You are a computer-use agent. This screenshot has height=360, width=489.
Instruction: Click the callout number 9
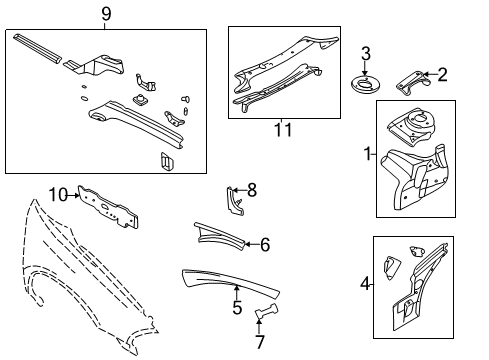coord(105,13)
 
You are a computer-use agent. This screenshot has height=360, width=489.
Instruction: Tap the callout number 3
coord(366,53)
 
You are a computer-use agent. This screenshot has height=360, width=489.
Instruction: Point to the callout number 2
coord(443,73)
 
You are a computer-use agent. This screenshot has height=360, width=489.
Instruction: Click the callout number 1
coord(370,155)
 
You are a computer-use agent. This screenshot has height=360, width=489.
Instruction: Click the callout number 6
coord(265,244)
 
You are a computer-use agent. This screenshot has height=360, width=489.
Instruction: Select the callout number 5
coord(237,307)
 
